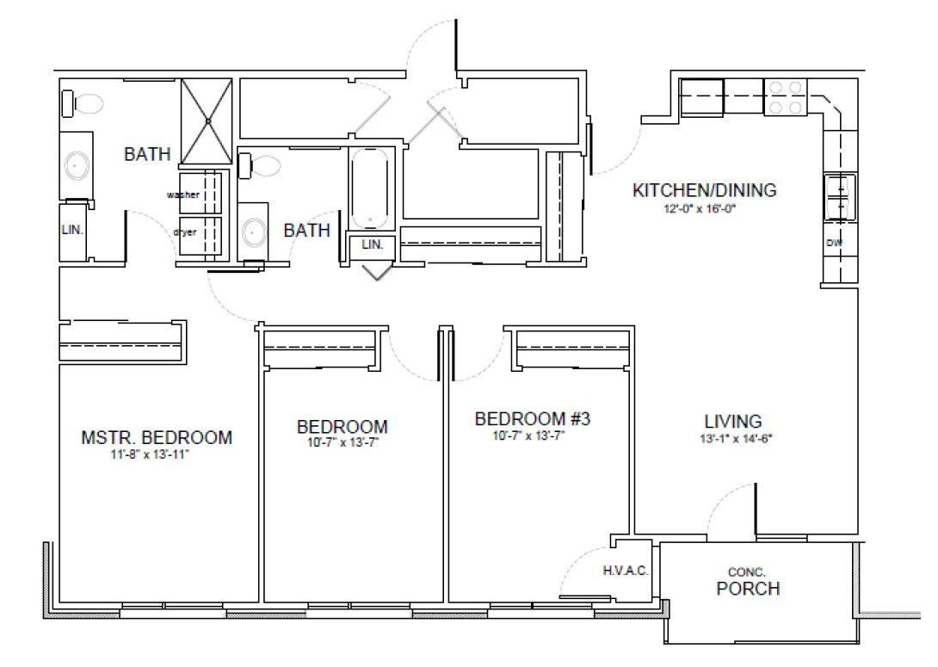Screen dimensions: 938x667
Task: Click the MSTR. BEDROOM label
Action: (x=157, y=437)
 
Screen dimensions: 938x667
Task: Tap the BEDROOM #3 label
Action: (x=533, y=419)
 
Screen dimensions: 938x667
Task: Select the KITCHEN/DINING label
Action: (x=705, y=190)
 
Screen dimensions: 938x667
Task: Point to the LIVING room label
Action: (x=733, y=421)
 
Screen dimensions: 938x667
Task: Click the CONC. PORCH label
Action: (x=748, y=582)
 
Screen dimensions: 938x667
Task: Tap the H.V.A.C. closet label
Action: (x=626, y=571)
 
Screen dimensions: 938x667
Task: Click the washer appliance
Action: (x=201, y=193)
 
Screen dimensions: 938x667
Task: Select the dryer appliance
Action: (x=201, y=236)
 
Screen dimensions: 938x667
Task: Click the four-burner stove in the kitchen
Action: (x=786, y=97)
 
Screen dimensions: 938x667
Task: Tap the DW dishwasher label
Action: (x=834, y=243)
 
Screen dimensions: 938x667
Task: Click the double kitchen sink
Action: (x=841, y=197)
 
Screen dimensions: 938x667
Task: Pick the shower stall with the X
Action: (x=207, y=120)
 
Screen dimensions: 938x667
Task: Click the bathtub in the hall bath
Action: (x=371, y=188)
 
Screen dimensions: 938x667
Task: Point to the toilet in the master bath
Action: (x=82, y=103)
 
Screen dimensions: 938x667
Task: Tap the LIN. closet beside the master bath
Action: (x=72, y=230)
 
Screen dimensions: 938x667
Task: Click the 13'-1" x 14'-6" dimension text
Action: (x=735, y=438)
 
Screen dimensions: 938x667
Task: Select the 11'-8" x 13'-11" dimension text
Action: (x=150, y=454)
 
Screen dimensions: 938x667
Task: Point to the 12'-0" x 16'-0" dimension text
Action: (x=700, y=209)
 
